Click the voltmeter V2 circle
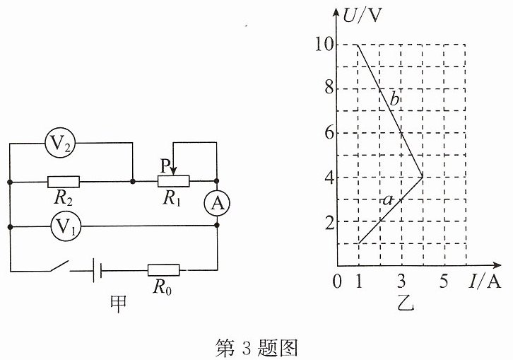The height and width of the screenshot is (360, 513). pos(60,142)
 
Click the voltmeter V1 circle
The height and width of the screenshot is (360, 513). pos(66,226)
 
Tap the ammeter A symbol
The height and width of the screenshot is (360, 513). pos(217,203)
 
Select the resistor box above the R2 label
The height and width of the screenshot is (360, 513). pos(64,182)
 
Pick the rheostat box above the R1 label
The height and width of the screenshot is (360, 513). pos(173,181)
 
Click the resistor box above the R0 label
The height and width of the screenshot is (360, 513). pos(164,270)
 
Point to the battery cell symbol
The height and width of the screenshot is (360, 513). pos(98,271)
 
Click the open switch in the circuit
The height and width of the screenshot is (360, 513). pos(59,266)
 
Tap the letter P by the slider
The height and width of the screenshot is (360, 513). pos(165,166)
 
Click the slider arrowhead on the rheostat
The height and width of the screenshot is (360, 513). pos(173,171)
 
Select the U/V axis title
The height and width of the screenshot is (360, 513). pos(362,15)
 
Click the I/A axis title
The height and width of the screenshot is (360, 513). pos(485,281)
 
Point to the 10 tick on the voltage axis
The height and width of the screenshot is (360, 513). pos(324,45)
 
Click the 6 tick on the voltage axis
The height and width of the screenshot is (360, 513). pos(329,133)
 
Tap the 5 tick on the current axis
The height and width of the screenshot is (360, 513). pos(444,281)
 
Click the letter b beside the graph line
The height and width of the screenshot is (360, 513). pos(395,99)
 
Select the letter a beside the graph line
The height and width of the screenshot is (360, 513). pos(388,199)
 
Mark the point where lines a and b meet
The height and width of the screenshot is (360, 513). pos(423,177)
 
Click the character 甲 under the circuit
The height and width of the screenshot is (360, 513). pos(118,304)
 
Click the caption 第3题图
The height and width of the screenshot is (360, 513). pos(256,347)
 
